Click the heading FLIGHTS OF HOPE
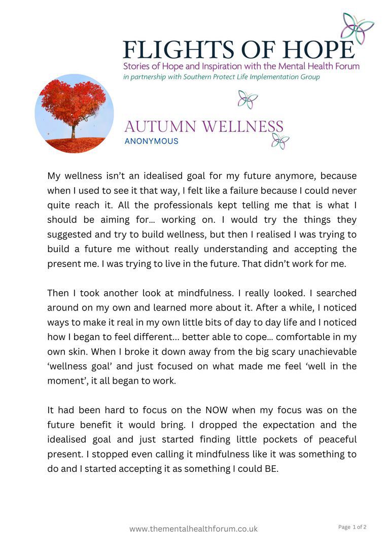[x=238, y=50]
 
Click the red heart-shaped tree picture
[x=74, y=114]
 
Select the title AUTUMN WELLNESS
[x=203, y=126]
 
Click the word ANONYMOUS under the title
[x=151, y=141]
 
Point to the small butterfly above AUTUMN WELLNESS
[x=248, y=99]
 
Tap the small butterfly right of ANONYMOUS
[x=280, y=141]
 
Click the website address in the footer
[x=193, y=529]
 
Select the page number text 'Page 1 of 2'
[x=352, y=527]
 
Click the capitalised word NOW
[x=217, y=410]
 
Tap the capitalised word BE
[x=271, y=469]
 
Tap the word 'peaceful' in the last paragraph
[x=335, y=439]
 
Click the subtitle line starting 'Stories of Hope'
[x=241, y=66]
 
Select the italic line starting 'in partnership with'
[x=222, y=77]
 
